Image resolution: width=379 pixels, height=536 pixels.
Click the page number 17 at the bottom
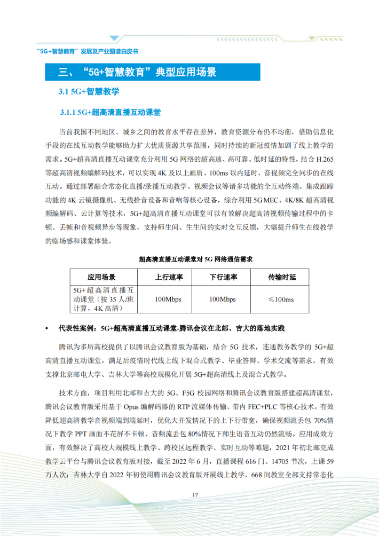[x=195, y=494]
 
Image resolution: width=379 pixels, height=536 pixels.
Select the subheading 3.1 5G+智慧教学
[x=89, y=92]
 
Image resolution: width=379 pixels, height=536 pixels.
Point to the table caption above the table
[x=195, y=259]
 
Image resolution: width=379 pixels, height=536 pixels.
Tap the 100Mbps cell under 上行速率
[x=169, y=299]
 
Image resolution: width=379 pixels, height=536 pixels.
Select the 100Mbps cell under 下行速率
[x=223, y=299]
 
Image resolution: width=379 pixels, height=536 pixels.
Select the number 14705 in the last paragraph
[x=283, y=461]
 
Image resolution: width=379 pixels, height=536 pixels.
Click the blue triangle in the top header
[x=115, y=38]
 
